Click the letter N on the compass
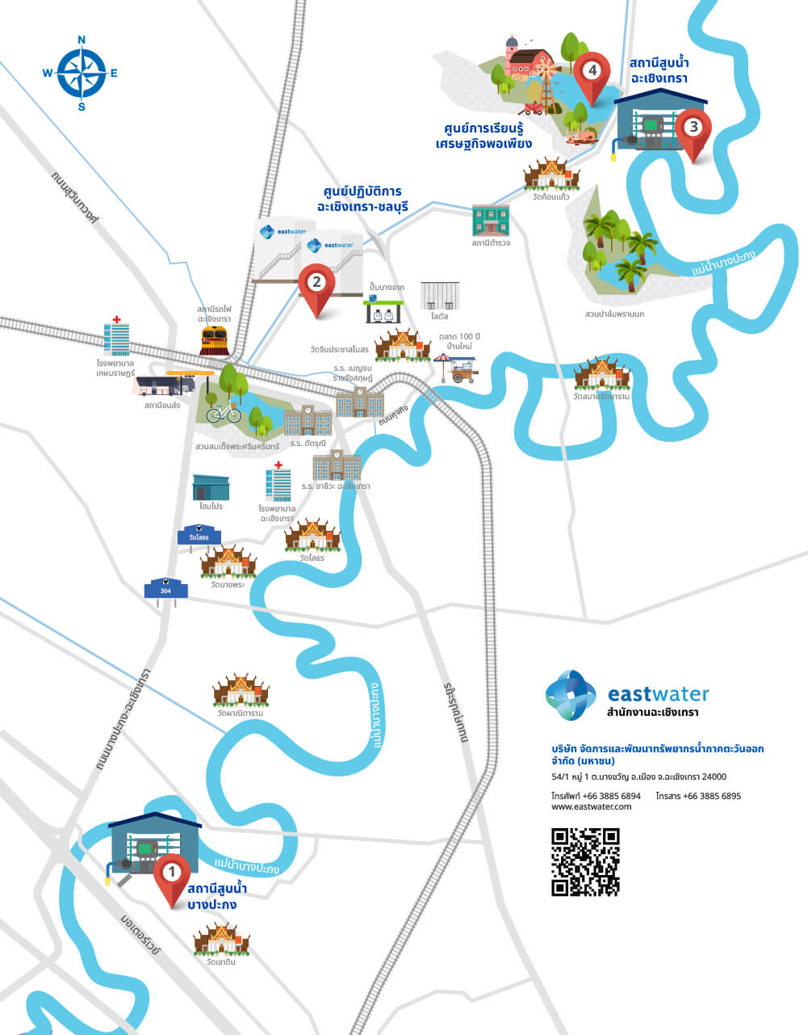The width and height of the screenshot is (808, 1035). click(x=82, y=40)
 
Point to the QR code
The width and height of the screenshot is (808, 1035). click(x=585, y=861)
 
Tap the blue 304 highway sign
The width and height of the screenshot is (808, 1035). click(x=165, y=590)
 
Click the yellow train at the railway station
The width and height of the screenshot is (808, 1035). click(x=215, y=340)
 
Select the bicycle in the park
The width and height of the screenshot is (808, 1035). click(x=224, y=413)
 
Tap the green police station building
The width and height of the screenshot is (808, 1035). click(x=491, y=220)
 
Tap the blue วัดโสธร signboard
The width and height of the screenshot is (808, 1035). click(x=199, y=536)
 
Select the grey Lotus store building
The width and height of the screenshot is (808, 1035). click(x=439, y=296)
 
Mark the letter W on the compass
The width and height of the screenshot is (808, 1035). click(x=48, y=73)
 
